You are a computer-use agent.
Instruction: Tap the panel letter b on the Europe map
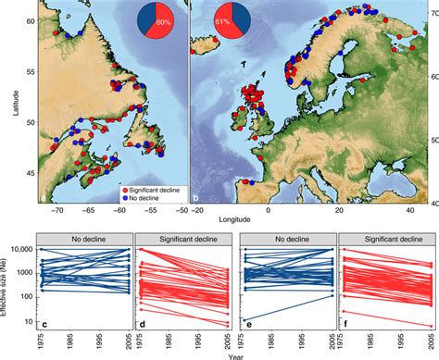click(x=195, y=198)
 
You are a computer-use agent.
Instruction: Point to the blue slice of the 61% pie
click(x=232, y=16)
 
